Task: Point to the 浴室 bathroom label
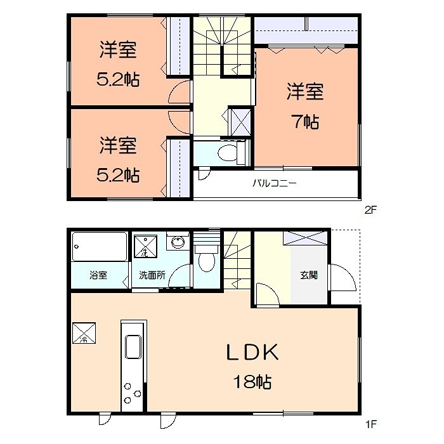point(98,275)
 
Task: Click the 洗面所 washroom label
point(152,275)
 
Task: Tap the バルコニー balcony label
point(275,185)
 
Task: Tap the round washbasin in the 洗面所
point(178,242)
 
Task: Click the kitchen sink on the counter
point(134,348)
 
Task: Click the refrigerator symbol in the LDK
point(84,334)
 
